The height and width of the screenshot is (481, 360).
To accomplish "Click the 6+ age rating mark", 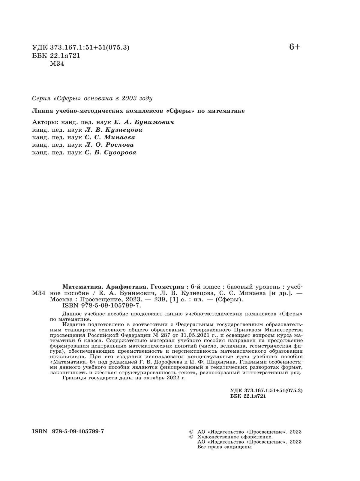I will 295,47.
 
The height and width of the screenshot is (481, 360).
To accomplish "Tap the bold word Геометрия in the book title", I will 167,286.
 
